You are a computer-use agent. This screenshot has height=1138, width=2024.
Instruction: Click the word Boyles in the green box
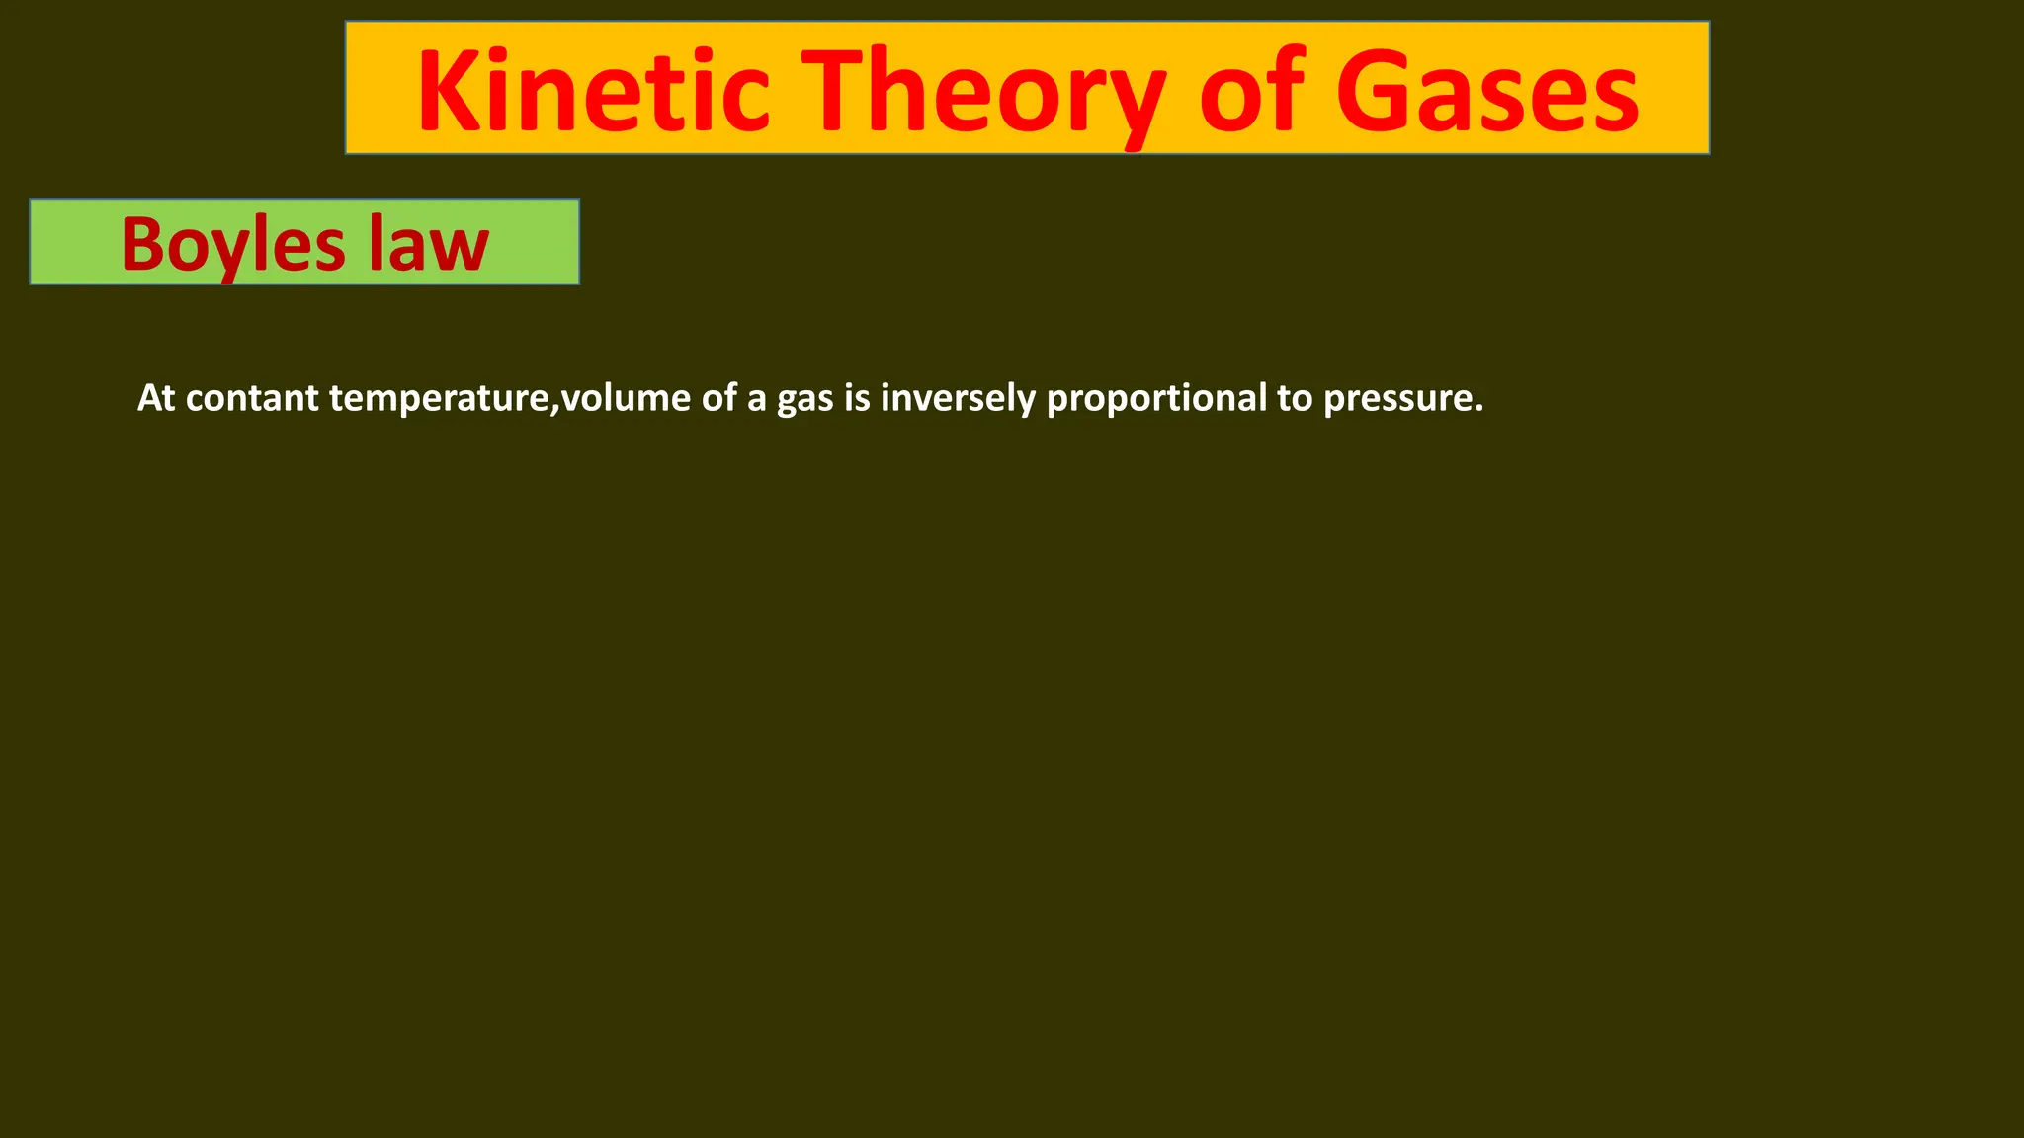[x=233, y=244]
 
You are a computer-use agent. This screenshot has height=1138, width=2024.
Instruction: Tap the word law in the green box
[x=429, y=244]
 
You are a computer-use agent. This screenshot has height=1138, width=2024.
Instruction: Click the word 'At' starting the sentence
[x=156, y=398]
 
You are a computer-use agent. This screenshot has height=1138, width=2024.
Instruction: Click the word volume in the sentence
[x=626, y=398]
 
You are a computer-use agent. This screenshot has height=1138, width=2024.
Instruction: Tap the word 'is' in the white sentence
[x=857, y=398]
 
